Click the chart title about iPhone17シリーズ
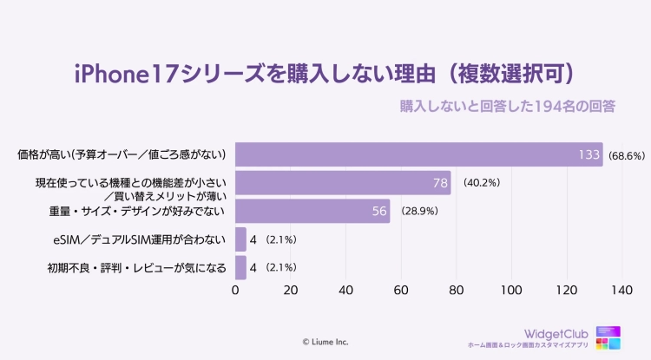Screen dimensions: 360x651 click(x=325, y=71)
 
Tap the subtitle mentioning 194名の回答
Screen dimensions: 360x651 click(x=508, y=106)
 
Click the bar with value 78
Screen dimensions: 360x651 click(x=343, y=183)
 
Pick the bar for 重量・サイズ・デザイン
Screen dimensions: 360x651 click(x=312, y=211)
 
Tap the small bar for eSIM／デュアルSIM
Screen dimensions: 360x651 click(x=241, y=239)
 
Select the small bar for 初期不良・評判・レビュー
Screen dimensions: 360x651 click(x=241, y=267)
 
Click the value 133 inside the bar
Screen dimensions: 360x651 click(x=590, y=155)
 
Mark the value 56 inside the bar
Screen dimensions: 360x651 click(x=378, y=211)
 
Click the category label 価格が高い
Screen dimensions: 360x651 click(x=122, y=155)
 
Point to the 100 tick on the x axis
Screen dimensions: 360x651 click(x=511, y=289)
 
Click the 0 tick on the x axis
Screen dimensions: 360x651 click(x=236, y=289)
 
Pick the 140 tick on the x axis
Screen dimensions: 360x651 click(x=621, y=289)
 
